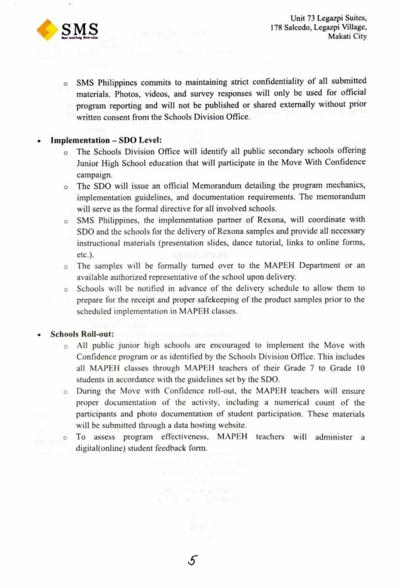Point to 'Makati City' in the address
(x=347, y=37)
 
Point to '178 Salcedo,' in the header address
(x=293, y=28)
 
